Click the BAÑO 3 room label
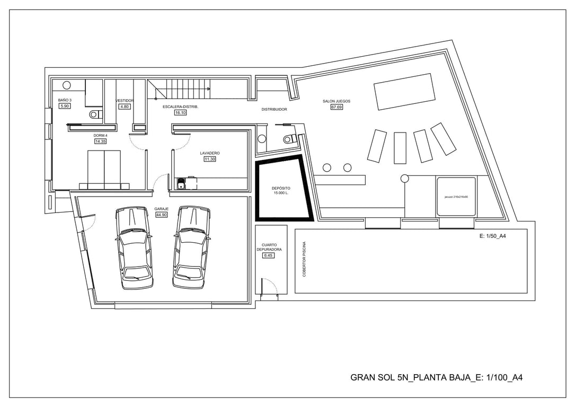(x=65, y=100)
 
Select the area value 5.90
(x=65, y=106)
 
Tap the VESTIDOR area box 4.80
(x=125, y=107)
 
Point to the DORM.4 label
(x=100, y=135)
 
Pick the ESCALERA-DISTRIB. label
(x=180, y=107)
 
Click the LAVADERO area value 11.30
(x=210, y=159)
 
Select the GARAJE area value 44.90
(x=161, y=215)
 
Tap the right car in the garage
(x=191, y=247)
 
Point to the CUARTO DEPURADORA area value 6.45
(x=269, y=255)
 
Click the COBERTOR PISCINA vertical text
(x=304, y=259)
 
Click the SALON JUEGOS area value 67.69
(x=336, y=107)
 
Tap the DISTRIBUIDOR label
(x=274, y=110)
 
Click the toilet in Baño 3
(x=95, y=113)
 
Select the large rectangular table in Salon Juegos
(x=404, y=92)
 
